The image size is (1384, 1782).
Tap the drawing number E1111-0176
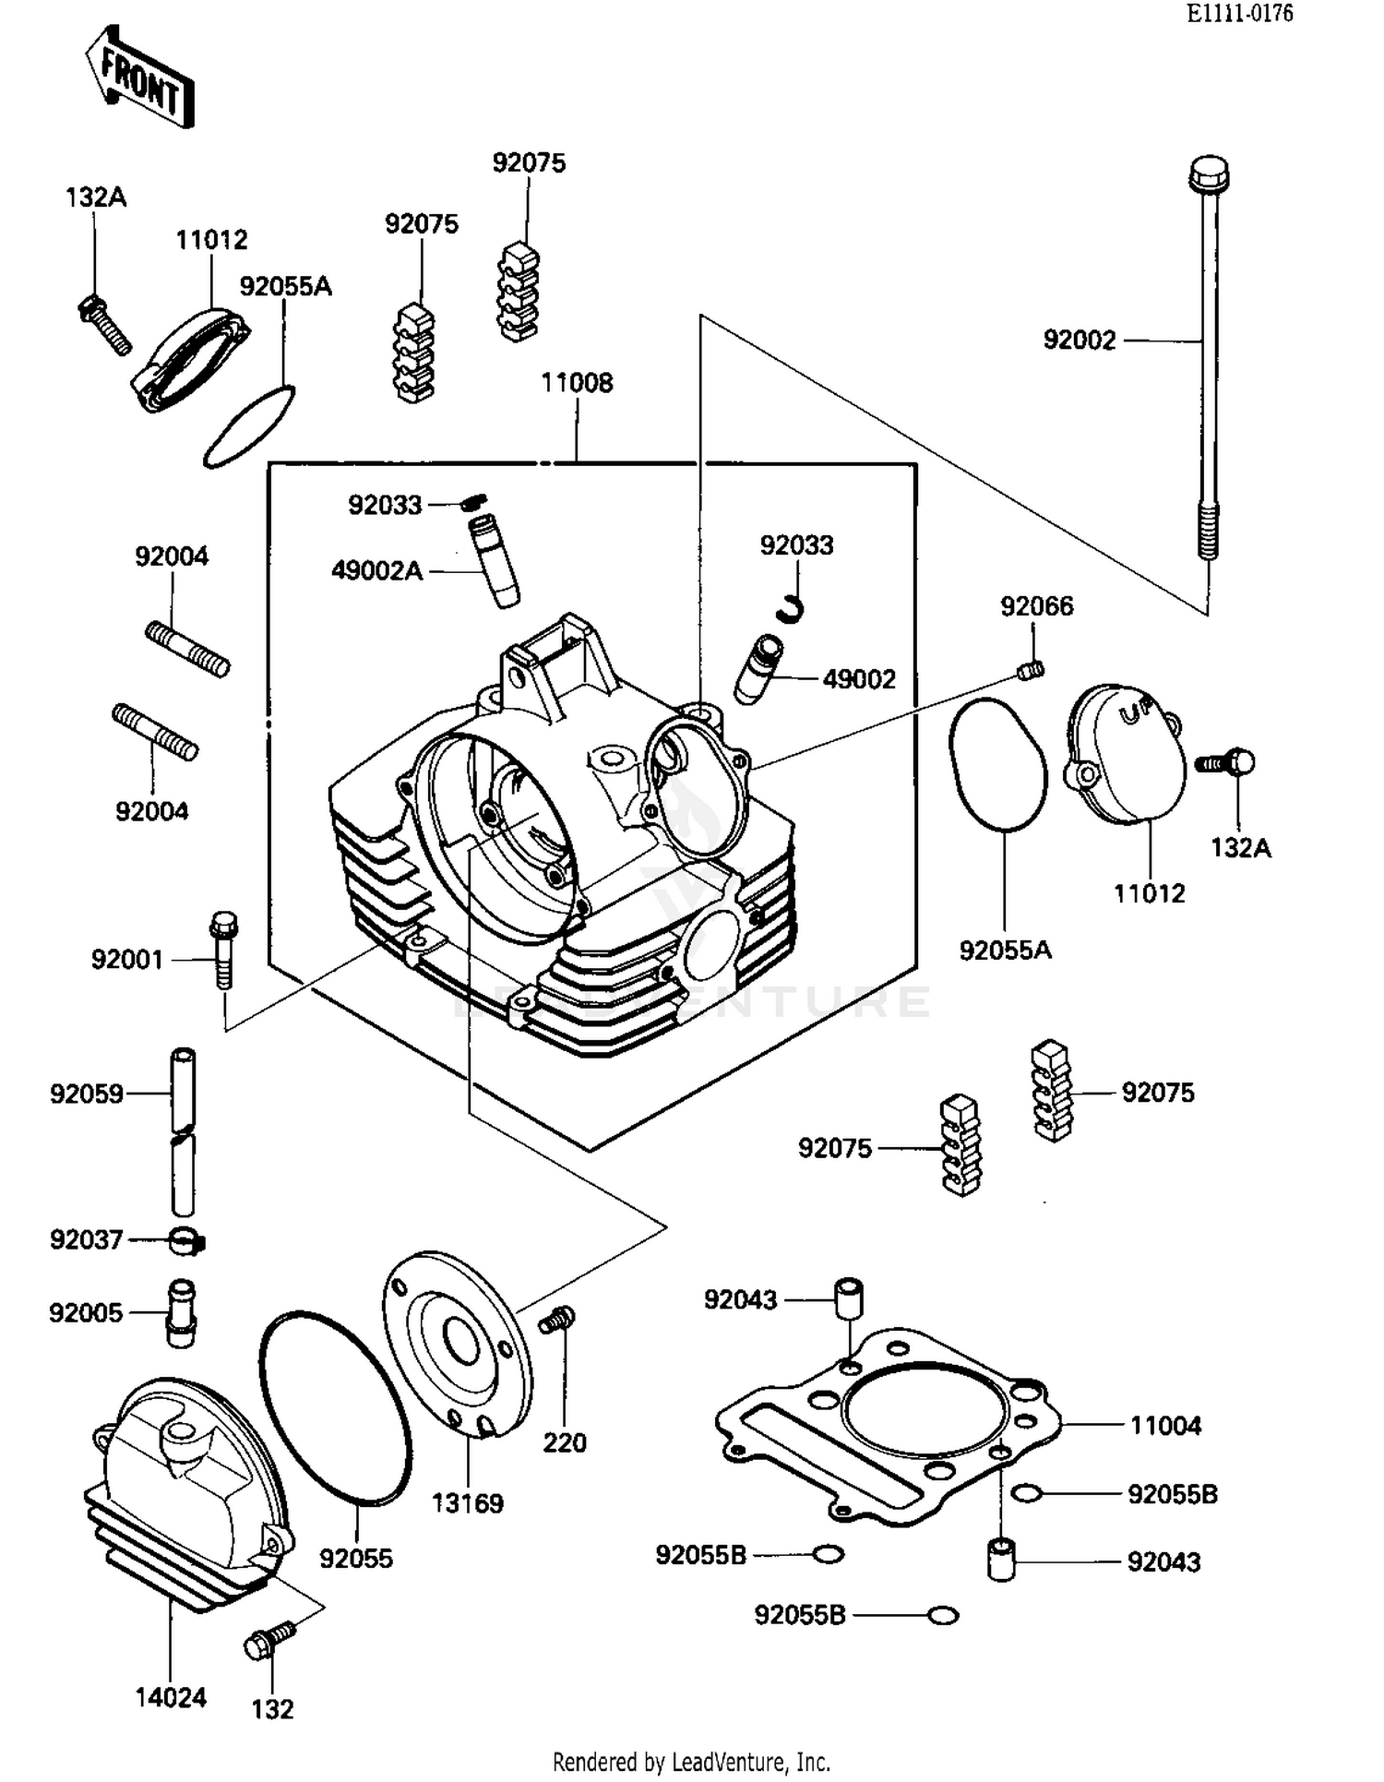[x=1239, y=14]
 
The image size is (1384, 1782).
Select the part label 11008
[x=577, y=383]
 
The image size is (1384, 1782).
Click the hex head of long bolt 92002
[x=1208, y=173]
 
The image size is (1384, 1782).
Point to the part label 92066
[x=1036, y=606]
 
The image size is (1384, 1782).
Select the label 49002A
[x=376, y=571]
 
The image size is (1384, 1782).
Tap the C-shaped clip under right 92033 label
[x=791, y=606]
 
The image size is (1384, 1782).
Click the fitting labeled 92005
[x=181, y=1312]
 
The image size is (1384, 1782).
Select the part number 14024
[x=171, y=1696]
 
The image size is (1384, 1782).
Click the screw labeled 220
[x=557, y=1320]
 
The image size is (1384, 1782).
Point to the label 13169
[x=468, y=1503]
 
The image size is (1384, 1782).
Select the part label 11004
[x=1165, y=1426]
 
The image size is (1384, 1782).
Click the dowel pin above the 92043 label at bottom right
[x=1000, y=1559]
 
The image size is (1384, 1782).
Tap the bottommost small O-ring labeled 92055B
[x=943, y=1615]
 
